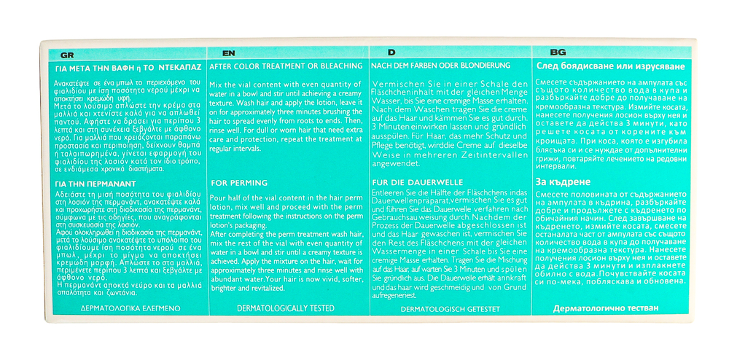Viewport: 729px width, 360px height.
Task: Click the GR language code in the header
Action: [x=66, y=55]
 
